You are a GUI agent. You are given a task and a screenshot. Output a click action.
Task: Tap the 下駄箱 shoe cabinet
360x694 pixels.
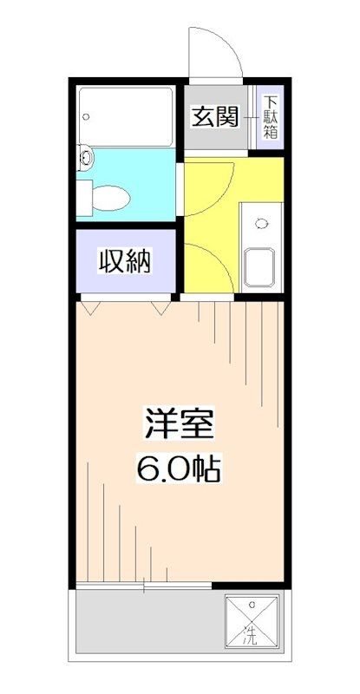271,118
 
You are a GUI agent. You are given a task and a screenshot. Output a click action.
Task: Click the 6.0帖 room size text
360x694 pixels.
180,470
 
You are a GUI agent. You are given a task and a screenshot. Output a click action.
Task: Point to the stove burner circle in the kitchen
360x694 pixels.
260,223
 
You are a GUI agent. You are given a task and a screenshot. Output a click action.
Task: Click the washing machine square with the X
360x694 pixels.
253,622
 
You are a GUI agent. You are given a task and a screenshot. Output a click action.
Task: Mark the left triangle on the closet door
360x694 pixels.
89,304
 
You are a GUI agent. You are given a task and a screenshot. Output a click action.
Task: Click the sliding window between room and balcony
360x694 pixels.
144,587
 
